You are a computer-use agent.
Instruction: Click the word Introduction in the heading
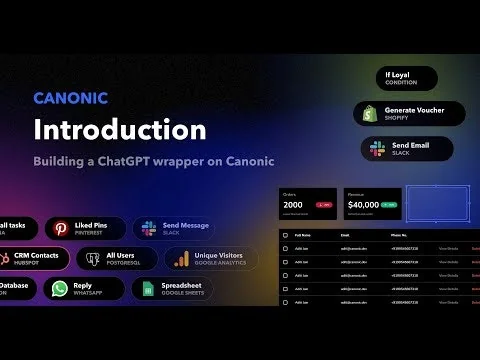pos(120,130)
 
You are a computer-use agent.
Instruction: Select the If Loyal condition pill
pos(399,78)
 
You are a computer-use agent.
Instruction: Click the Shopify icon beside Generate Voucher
pos(370,114)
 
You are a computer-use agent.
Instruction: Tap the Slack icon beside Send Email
pos(378,149)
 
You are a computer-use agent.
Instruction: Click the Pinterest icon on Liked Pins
pos(62,229)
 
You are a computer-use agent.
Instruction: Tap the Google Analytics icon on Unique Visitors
pos(182,260)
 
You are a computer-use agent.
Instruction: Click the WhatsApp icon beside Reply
pos(61,290)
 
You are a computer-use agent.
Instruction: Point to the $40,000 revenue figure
pos(368,203)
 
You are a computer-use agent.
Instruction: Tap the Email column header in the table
pos(345,236)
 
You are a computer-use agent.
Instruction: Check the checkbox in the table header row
pos(286,236)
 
